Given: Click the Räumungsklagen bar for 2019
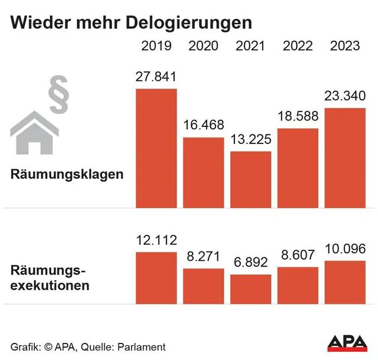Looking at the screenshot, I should pyautogui.click(x=157, y=148).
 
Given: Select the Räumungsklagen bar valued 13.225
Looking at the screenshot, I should pyautogui.click(x=250, y=179).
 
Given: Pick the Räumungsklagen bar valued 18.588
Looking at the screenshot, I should pyautogui.click(x=298, y=168).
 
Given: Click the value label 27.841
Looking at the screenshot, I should pyautogui.click(x=157, y=77).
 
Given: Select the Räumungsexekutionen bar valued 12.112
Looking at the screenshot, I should pyautogui.click(x=157, y=277).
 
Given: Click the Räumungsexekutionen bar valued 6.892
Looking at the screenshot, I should pyautogui.click(x=250, y=289).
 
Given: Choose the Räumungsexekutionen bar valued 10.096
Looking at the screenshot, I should pyautogui.click(x=345, y=282).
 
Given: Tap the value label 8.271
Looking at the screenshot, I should pyautogui.click(x=204, y=258).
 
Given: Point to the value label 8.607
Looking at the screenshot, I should pyautogui.click(x=298, y=257).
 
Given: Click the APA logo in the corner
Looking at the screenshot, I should pyautogui.click(x=347, y=343).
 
